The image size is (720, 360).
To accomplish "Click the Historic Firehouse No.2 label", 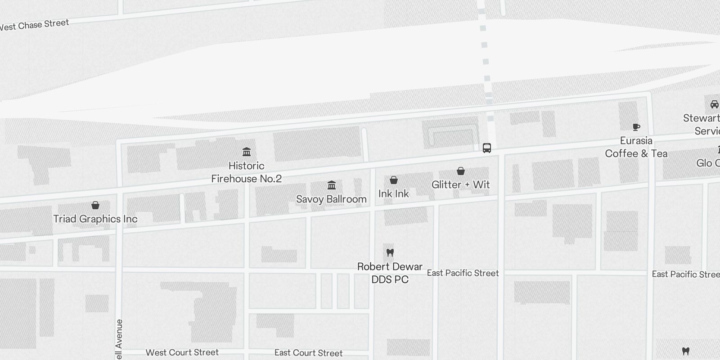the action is click(247, 172).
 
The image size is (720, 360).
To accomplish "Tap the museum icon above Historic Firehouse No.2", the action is click(247, 152).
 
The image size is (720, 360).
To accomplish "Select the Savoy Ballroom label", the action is click(331, 199).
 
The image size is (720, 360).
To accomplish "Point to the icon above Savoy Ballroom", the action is click(332, 185).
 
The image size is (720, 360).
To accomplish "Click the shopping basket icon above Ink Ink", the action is click(394, 180).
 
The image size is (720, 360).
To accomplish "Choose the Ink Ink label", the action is click(394, 193).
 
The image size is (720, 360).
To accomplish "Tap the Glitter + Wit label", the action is click(460, 184).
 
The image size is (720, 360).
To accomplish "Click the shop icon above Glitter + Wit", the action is click(461, 171).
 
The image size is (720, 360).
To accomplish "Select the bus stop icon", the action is click(487, 148).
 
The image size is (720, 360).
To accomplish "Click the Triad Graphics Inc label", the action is click(95, 219).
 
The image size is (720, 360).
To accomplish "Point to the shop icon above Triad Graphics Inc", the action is click(95, 205).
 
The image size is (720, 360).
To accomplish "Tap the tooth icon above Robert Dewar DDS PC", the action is click(390, 252).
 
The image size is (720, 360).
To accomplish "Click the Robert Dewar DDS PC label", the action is click(390, 273).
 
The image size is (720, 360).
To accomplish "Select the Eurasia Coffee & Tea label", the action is click(636, 147).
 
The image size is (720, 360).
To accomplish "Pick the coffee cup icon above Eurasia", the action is click(636, 127).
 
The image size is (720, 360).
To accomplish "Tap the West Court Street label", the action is click(182, 352).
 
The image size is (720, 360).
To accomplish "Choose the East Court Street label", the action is click(309, 353).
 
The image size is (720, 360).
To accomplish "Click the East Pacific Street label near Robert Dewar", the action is click(463, 273).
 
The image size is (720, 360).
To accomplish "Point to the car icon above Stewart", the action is click(714, 104).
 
